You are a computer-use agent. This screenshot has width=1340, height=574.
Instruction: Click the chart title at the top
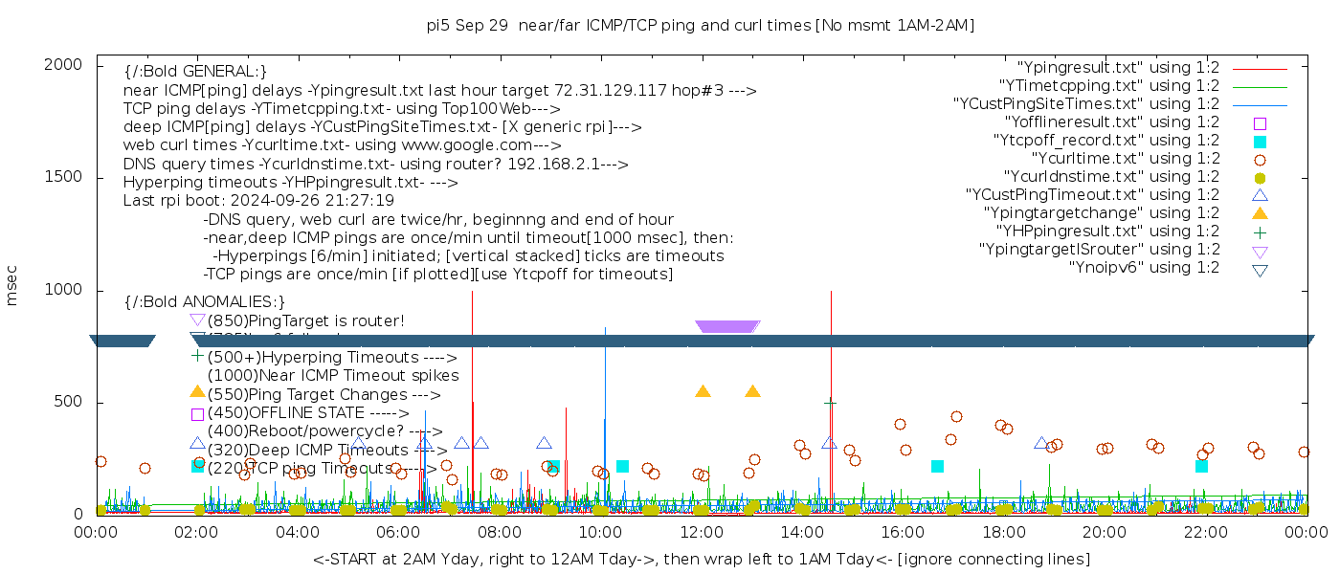pos(701,25)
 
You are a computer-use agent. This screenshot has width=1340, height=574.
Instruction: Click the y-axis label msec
pos(12,284)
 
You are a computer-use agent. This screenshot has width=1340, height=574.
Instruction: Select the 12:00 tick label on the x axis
pos(702,533)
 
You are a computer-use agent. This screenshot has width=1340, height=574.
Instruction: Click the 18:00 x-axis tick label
pos(1003,533)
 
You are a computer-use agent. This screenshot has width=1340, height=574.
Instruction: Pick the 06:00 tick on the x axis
pos(399,533)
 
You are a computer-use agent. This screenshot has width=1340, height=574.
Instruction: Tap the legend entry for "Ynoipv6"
pos(1144,268)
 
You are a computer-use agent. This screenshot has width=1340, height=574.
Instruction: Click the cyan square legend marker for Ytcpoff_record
pos(1260,142)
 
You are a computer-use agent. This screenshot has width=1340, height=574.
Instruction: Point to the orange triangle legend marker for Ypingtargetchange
pos(1260,213)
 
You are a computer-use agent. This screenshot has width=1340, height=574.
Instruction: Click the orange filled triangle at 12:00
pos(703,391)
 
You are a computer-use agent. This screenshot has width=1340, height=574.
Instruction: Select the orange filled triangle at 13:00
pos(752,391)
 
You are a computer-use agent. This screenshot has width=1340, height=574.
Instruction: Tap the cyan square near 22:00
pos(1201,466)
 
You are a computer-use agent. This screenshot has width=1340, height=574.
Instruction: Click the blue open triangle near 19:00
pos(1040,443)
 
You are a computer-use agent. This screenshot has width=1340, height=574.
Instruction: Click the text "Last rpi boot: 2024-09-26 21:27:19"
pos(258,201)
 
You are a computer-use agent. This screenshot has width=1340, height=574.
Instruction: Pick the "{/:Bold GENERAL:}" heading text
pos(195,72)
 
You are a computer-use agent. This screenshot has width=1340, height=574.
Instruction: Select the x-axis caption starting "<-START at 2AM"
pos(701,559)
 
